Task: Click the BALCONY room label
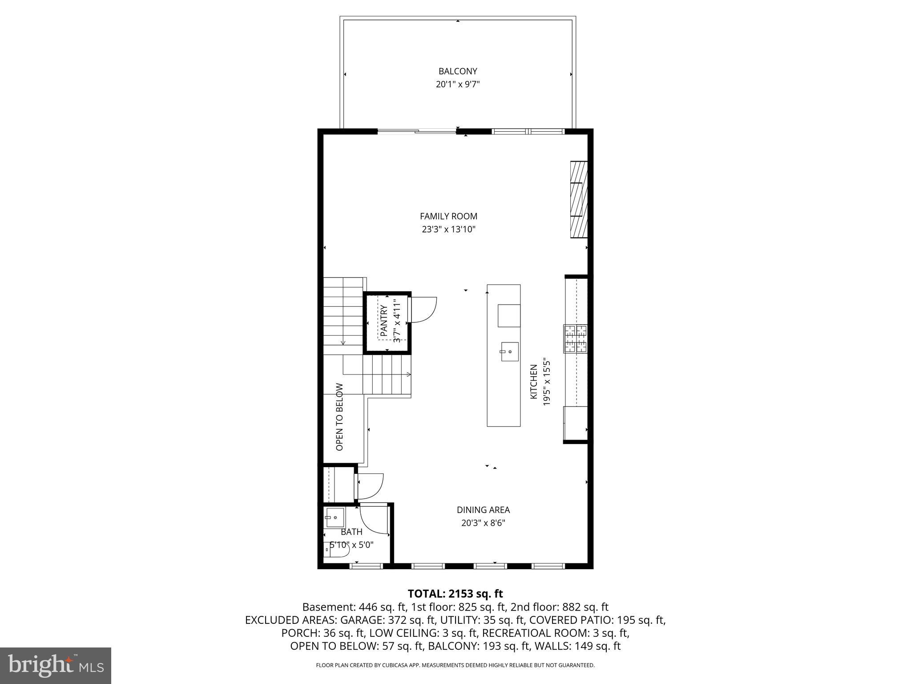pos(458,71)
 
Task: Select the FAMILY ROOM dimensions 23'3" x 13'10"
pos(449,230)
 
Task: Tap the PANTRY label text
pos(384,318)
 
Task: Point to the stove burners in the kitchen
pos(576,339)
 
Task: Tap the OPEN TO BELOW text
pos(340,417)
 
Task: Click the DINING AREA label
pos(483,510)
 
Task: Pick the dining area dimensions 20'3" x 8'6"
pos(483,523)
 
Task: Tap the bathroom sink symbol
pos(335,517)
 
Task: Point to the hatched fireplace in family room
pos(579,199)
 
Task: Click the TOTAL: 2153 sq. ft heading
pos(455,594)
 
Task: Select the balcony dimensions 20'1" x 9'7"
pos(458,84)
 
